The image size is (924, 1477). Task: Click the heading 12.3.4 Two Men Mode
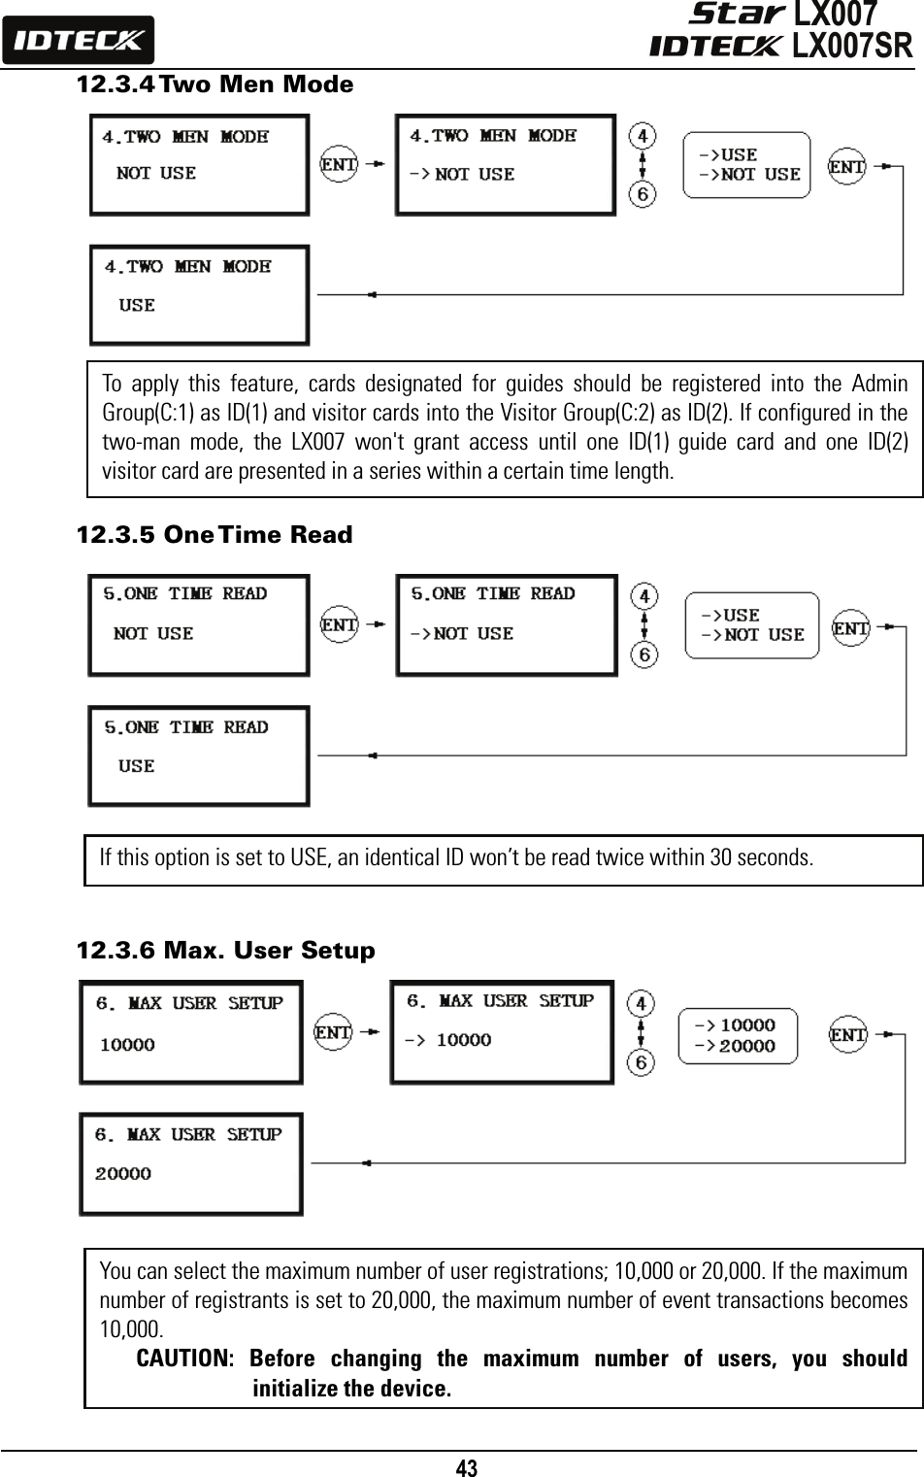[x=214, y=84]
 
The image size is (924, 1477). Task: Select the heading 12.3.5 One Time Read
[x=214, y=535]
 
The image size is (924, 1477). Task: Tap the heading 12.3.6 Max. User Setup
[x=225, y=950]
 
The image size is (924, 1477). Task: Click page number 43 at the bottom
[x=467, y=1467]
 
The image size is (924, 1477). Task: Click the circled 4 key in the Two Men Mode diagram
[x=642, y=136]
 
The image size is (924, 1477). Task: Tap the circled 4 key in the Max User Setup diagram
[x=641, y=1003]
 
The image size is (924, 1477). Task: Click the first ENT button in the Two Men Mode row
[x=339, y=164]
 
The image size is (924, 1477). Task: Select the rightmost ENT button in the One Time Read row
[x=851, y=628]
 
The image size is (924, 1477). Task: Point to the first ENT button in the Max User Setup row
[x=333, y=1032]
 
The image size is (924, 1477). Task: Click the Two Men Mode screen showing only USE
[x=199, y=294]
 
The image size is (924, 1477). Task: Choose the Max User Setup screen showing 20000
[x=190, y=1163]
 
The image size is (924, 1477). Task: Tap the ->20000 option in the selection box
[x=735, y=1046]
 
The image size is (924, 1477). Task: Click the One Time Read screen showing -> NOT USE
[x=506, y=624]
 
